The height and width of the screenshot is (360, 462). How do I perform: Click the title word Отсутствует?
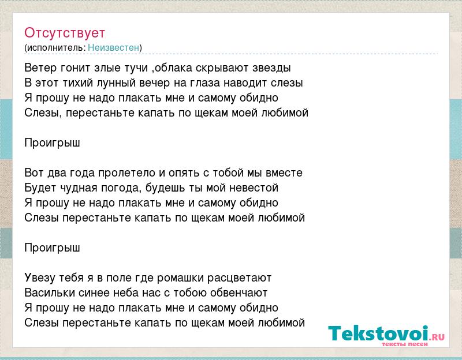pyautogui.click(x=65, y=33)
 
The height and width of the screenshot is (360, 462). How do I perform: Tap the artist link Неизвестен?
pyautogui.click(x=113, y=47)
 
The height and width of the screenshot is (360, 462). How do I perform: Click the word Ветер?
pyautogui.click(x=40, y=67)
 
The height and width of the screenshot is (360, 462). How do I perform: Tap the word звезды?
pyautogui.click(x=271, y=68)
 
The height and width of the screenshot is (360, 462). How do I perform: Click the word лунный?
pyautogui.click(x=117, y=83)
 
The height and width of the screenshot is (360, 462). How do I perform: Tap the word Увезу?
pyautogui.click(x=40, y=278)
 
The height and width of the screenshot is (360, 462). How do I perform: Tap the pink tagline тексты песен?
pyautogui.click(x=404, y=344)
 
